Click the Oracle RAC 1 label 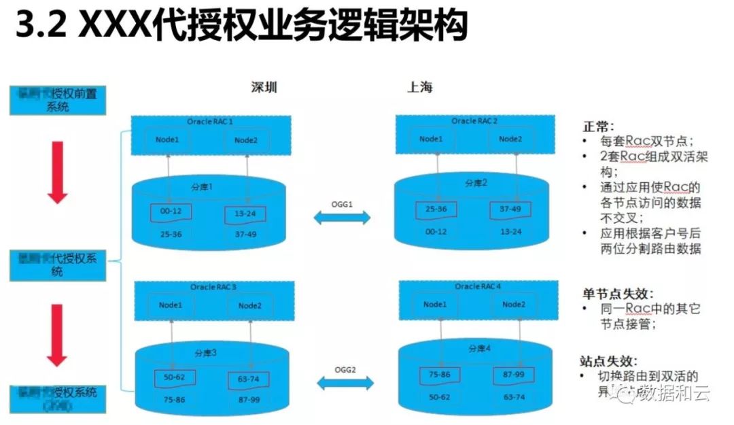coord(210,121)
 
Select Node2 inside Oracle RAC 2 coord(510,139)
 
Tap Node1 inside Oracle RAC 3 coord(171,305)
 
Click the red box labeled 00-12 coord(171,212)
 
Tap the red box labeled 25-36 coord(436,209)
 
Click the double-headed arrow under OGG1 coord(342,218)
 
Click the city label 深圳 coord(264,88)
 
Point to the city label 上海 coord(420,87)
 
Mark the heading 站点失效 coord(608,361)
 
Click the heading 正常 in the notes coord(598,126)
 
